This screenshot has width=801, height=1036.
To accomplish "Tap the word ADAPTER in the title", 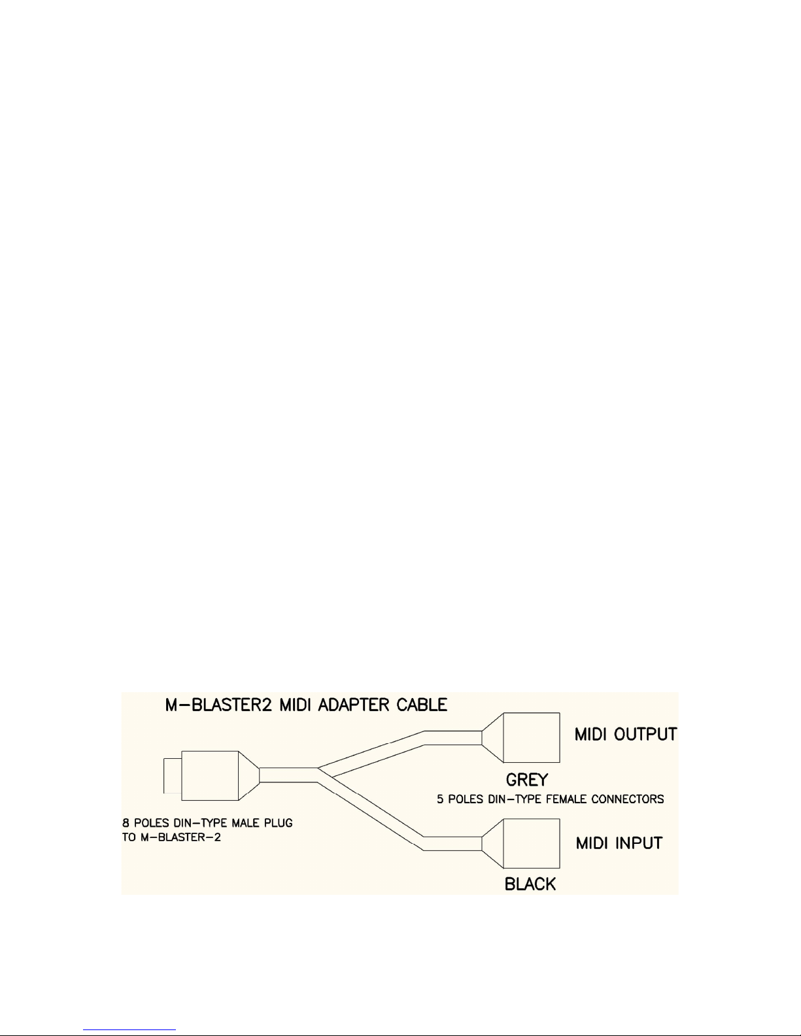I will click(x=354, y=705).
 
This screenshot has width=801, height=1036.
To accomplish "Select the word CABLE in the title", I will click(x=421, y=705).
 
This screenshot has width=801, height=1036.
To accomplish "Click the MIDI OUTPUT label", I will click(x=625, y=734).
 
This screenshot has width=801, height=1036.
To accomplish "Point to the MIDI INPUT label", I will click(x=619, y=843).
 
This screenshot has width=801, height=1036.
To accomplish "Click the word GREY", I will click(x=526, y=779).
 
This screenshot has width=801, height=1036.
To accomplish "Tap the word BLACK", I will click(x=530, y=884).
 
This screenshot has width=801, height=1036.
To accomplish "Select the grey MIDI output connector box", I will click(x=531, y=737).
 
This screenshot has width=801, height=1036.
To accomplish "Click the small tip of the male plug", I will click(x=171, y=775).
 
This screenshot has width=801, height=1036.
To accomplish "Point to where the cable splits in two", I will click(x=319, y=775).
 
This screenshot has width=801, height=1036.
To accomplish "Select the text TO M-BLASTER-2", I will click(x=171, y=837).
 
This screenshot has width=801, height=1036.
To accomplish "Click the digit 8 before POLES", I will click(x=126, y=823).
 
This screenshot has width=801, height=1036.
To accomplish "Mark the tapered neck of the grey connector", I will click(x=492, y=737).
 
